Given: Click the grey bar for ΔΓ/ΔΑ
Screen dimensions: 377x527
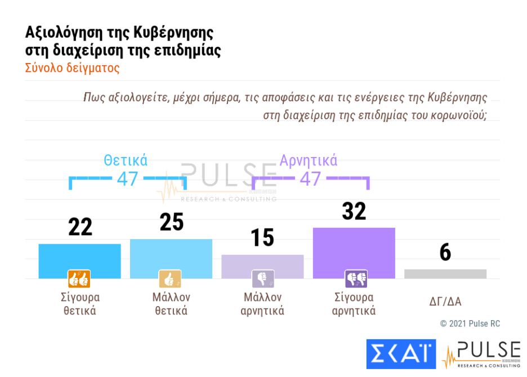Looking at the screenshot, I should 445,273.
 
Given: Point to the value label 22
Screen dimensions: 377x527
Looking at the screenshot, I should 81,227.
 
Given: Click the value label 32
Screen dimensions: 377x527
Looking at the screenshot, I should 354,211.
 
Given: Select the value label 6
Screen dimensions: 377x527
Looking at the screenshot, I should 445,253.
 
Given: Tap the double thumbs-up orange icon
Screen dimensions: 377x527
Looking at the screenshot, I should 79,279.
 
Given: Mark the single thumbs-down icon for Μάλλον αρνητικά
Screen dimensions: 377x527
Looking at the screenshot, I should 262,279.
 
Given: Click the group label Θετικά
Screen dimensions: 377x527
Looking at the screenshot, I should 126,160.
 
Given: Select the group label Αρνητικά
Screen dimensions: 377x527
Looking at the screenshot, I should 309,160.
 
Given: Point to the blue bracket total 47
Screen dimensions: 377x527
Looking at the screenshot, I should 127,178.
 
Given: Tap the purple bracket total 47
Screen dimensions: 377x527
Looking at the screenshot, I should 310,178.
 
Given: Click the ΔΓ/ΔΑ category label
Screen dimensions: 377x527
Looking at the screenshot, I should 445,302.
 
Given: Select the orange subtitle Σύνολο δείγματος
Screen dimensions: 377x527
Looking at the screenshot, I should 72,68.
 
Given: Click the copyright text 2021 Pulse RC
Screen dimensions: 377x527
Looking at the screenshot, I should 470,324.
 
